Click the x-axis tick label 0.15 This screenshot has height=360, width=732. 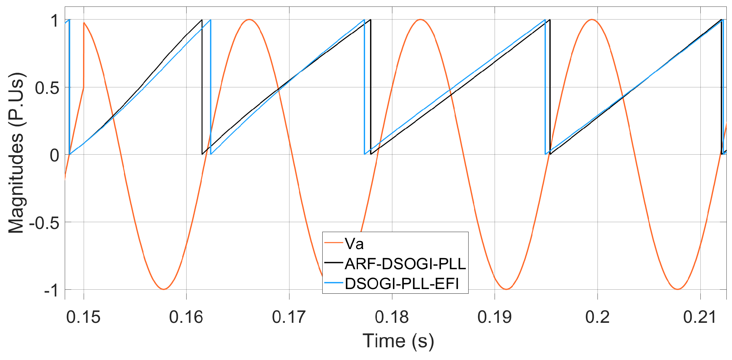[x=83, y=317]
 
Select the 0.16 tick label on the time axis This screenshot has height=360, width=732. [x=186, y=317]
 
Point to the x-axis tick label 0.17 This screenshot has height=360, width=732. [x=289, y=317]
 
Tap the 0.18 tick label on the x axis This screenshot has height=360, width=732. [x=392, y=317]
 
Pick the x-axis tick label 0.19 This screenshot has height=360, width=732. [x=494, y=317]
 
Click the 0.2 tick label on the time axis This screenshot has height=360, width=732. [x=597, y=317]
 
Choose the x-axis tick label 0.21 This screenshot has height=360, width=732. [x=700, y=317]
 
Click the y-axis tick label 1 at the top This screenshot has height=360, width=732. [x=55, y=21]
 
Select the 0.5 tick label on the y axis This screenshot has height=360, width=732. [x=47, y=88]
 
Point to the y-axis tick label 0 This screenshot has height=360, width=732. [x=55, y=155]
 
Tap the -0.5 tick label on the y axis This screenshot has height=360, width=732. [x=44, y=223]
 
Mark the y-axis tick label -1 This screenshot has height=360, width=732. [x=51, y=290]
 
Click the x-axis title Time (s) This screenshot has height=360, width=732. [x=398, y=341]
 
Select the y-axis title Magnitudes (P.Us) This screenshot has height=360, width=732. [x=16, y=153]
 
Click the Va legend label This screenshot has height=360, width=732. [x=354, y=244]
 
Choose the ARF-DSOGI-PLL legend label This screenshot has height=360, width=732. [x=405, y=264]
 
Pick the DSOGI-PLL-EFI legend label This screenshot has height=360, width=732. [x=402, y=283]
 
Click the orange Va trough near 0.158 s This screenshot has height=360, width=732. [x=164, y=289]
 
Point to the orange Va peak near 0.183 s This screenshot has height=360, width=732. [x=420, y=20]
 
